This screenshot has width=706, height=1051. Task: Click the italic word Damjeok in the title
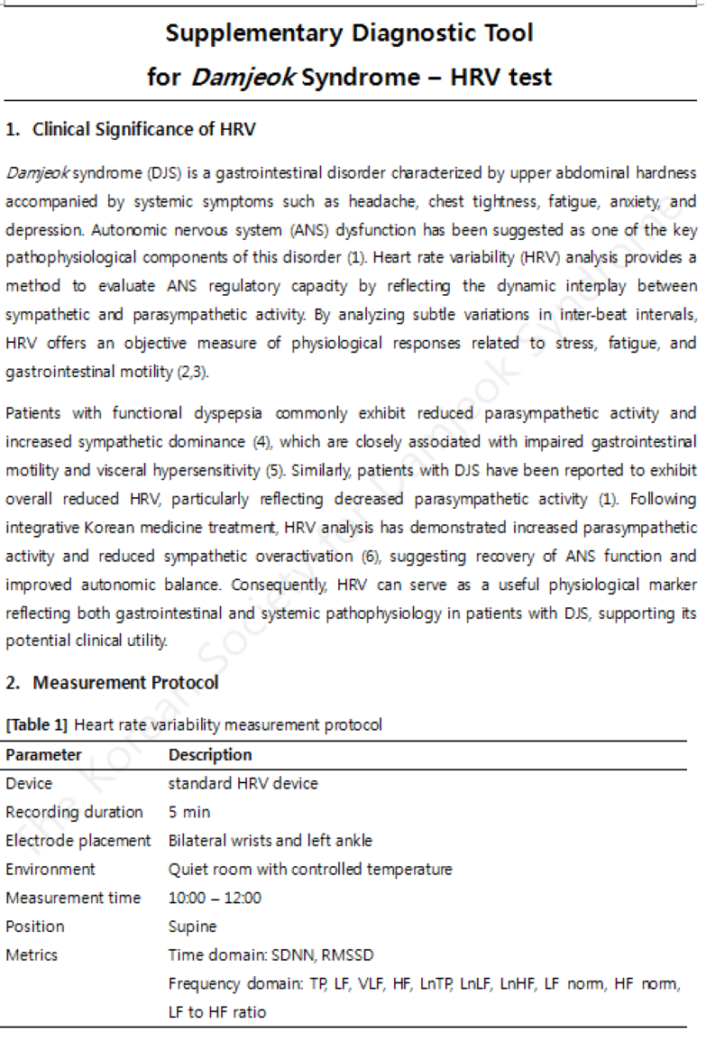tap(241, 78)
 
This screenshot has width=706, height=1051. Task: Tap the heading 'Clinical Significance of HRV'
tap(143, 129)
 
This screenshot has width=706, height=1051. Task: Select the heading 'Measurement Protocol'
tap(125, 682)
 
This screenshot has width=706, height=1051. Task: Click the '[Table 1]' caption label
tap(38, 724)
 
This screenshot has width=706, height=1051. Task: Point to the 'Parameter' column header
tap(43, 755)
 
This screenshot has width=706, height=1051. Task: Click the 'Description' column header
tap(210, 755)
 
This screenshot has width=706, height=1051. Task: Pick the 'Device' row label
tap(29, 783)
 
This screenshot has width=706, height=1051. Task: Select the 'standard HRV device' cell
tap(243, 783)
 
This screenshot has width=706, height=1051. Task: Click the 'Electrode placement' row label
tap(78, 840)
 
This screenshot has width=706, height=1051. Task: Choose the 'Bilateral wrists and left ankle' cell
tap(270, 840)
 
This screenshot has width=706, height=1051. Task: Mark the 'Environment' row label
tap(50, 869)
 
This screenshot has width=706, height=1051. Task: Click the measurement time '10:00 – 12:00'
tap(215, 898)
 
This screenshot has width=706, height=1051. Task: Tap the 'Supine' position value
tap(192, 927)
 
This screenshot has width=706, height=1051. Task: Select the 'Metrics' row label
tap(32, 954)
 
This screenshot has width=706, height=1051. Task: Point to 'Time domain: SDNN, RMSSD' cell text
tap(270, 954)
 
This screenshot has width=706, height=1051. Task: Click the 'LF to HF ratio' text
tap(216, 1012)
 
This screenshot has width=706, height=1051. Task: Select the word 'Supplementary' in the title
tap(253, 34)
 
